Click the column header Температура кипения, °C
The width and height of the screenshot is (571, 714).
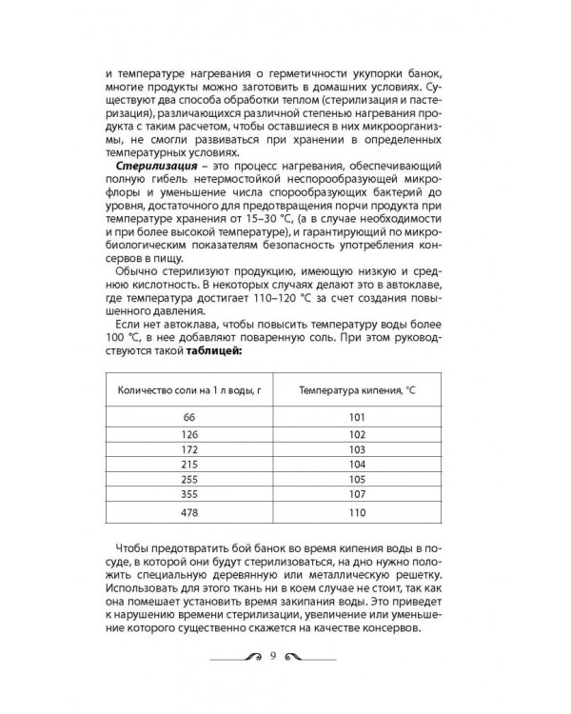pos(356,390)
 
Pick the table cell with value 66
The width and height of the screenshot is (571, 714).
pos(188,416)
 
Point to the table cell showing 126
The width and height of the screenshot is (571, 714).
pos(188,433)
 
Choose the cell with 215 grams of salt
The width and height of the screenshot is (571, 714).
pos(188,464)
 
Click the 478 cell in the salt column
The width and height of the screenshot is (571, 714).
pos(188,513)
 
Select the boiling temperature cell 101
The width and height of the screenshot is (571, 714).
pos(357,416)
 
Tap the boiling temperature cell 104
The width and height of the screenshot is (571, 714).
pos(357,464)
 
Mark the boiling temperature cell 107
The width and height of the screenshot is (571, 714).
pos(357,494)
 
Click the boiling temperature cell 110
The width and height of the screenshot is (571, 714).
pos(357,513)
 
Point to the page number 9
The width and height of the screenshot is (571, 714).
pos(273,655)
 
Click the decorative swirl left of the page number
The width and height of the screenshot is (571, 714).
pos(234,656)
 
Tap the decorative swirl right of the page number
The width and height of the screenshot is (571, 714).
pos(312,656)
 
